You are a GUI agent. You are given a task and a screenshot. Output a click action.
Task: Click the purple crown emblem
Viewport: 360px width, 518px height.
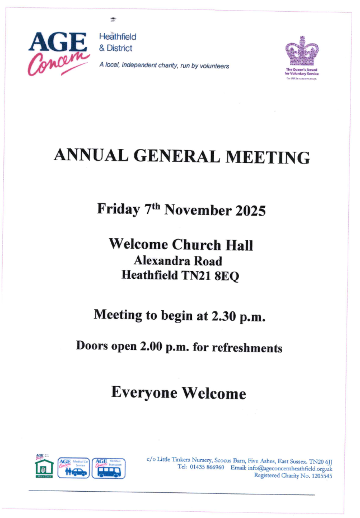pos(302,52)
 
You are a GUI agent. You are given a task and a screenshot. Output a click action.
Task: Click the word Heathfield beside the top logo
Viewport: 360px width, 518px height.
pos(118,37)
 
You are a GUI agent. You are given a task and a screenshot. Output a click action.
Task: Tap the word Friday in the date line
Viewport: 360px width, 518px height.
pos(118,209)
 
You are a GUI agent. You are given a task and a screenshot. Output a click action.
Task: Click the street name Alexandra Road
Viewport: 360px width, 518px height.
pos(177,260)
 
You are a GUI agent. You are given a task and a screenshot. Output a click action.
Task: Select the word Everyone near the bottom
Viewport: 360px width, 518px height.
pos(145,392)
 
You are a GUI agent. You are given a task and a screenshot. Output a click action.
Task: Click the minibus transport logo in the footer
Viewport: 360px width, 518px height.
pos(109,468)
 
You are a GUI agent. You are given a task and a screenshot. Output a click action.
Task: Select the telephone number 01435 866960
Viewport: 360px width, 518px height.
pos(207,467)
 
